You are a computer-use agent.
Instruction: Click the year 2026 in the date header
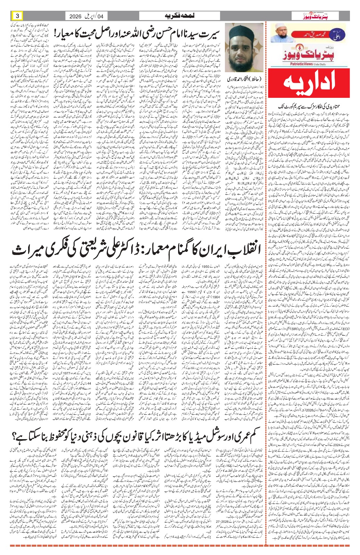75,16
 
